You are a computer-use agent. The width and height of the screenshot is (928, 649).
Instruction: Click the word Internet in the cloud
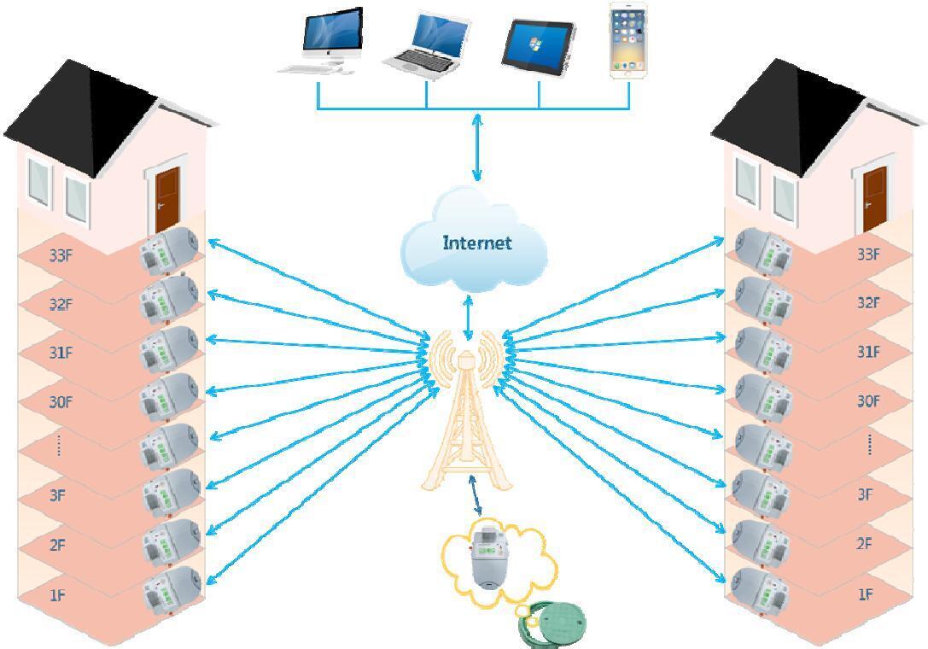476,243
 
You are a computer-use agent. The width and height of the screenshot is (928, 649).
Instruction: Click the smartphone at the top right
628,41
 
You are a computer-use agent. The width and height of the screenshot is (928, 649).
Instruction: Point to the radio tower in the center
466,418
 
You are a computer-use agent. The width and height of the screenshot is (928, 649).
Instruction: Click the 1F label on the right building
866,594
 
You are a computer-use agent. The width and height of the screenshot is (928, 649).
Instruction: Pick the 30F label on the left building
60,402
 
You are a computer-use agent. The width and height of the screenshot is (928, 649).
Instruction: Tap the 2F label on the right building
866,544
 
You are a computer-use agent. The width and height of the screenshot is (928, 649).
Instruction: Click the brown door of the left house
168,199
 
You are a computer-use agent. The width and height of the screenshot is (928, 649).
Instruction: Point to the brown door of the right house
875,199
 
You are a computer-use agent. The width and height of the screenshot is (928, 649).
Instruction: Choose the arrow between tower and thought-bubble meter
474,497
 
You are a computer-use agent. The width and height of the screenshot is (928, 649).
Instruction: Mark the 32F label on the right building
867,302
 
